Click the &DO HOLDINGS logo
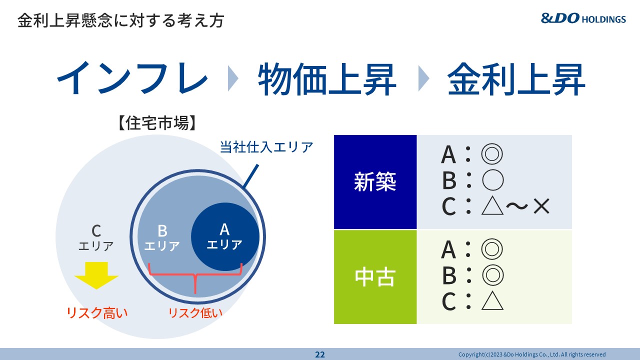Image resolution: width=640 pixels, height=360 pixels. point(583,18)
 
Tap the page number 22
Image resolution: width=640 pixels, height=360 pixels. point(319,354)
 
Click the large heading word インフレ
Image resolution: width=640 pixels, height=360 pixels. point(132,78)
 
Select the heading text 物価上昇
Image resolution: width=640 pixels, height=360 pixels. point(327,79)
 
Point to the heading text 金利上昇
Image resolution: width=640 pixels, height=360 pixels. point(516,79)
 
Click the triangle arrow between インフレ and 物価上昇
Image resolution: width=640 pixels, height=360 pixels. point(233,78)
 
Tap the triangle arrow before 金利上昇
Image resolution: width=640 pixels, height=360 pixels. point(423,78)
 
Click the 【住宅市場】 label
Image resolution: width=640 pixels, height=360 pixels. point(157,123)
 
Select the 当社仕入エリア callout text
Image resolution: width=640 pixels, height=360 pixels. point(266,147)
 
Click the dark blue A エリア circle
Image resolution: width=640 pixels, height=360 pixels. point(225,237)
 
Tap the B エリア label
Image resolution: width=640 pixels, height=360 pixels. point(162,238)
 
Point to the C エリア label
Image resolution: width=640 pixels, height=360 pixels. point(96,238)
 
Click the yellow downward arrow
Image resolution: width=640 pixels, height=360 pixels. point(96,275)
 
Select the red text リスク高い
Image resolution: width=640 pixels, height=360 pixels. point(97,313)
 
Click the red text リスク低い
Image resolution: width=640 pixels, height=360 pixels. point(195,313)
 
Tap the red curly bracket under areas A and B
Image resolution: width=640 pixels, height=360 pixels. point(195,275)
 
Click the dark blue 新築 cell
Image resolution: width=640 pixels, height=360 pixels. point(375,182)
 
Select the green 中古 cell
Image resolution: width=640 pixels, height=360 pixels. point(375,277)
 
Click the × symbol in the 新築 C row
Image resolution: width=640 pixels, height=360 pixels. point(541,206)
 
